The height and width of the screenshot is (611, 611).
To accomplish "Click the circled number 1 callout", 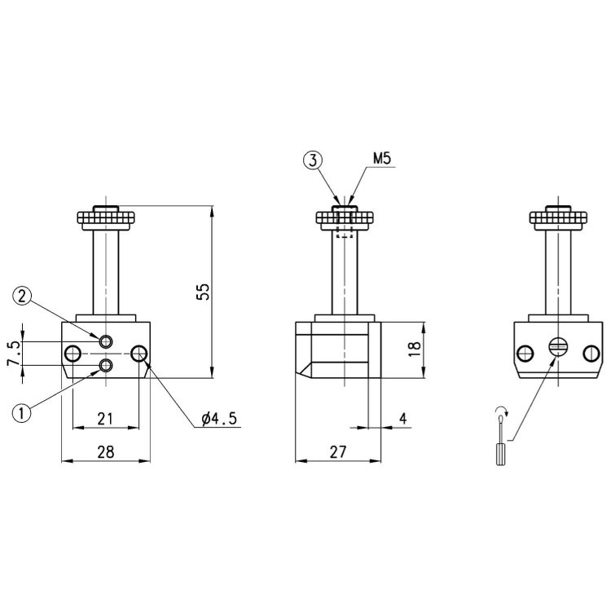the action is pyautogui.click(x=22, y=413).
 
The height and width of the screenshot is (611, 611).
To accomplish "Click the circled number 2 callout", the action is pyautogui.click(x=22, y=297).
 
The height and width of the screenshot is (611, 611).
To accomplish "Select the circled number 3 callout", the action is pyautogui.click(x=313, y=160).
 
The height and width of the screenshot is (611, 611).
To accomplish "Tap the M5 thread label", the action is pyautogui.click(x=381, y=159).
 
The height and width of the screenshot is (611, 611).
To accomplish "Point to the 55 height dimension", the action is pyautogui.click(x=203, y=292).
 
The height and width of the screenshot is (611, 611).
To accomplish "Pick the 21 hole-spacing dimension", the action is pyautogui.click(x=105, y=419).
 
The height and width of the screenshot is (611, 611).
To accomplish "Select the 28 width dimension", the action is pyautogui.click(x=106, y=452).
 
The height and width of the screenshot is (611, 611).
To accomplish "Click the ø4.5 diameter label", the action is pyautogui.click(x=219, y=419).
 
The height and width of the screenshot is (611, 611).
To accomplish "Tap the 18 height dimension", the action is pyautogui.click(x=414, y=349).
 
